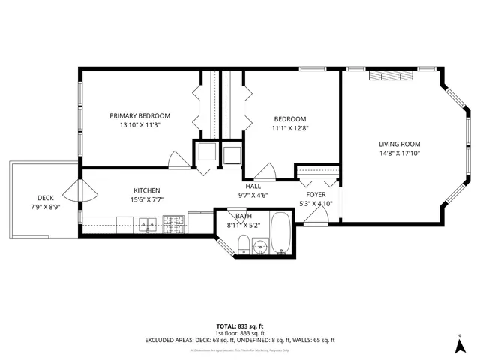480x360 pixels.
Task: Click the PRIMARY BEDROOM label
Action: pos(139,115)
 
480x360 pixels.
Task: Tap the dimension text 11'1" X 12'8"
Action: pos(289,129)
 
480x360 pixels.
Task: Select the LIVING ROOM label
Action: pos(398,144)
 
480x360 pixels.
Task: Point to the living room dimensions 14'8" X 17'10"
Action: pos(398,154)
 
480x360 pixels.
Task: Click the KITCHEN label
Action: pos(147,190)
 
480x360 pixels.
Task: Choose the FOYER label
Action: pos(315,194)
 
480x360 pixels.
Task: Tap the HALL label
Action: pos(253,186)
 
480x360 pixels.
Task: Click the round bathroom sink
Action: pos(261,245)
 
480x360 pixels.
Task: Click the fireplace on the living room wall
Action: pos(390,75)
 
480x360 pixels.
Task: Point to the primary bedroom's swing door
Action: pos(178,159)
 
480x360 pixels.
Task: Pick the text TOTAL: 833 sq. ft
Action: pos(240,326)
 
